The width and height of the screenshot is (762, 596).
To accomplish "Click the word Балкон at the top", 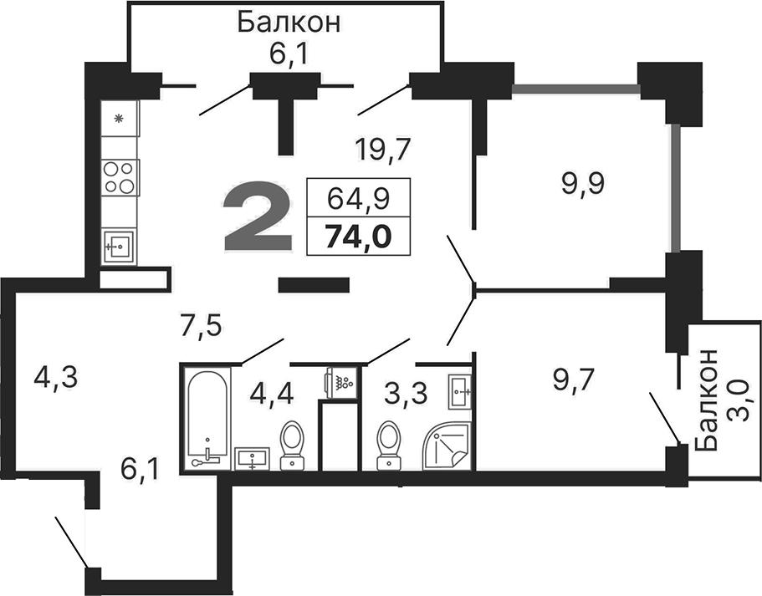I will coord(288,22).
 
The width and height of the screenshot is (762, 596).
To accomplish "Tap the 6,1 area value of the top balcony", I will coord(288,56).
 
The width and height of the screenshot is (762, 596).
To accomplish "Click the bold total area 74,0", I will coord(359,237).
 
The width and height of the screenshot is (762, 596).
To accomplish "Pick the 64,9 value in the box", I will coord(359,199).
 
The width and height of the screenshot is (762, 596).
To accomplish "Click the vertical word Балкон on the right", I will coord(708,400).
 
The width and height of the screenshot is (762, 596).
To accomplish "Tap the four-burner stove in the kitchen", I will coord(119,177).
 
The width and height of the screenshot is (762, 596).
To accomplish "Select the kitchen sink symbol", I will coord(119,246).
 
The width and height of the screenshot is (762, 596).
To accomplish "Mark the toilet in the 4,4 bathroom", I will coord(292,442).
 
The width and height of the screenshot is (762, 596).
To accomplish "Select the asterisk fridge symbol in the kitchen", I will coord(119,118).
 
